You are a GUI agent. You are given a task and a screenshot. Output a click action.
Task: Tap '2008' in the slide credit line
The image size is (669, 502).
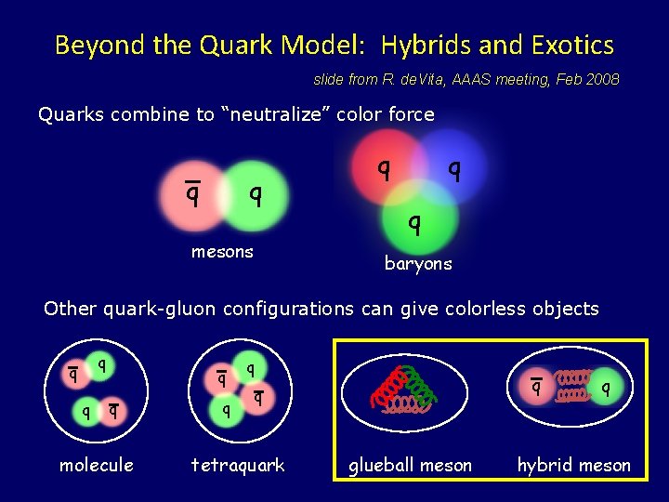[602, 80]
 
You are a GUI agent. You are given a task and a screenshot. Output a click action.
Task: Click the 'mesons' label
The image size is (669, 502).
[222, 252]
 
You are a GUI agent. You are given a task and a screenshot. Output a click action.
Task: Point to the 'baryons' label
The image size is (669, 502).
[418, 264]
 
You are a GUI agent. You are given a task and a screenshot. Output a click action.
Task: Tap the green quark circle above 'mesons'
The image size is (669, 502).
[256, 195]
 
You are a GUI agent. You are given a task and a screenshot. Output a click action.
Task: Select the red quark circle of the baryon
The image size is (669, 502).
[381, 167]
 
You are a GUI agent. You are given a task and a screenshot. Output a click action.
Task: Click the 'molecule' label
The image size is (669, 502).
[97, 465]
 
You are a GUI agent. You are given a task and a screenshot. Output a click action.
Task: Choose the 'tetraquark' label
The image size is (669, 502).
[238, 465]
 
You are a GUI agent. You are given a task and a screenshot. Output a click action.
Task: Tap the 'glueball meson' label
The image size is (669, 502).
[410, 465]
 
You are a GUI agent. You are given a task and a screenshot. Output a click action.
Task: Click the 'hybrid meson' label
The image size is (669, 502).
[574, 465]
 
